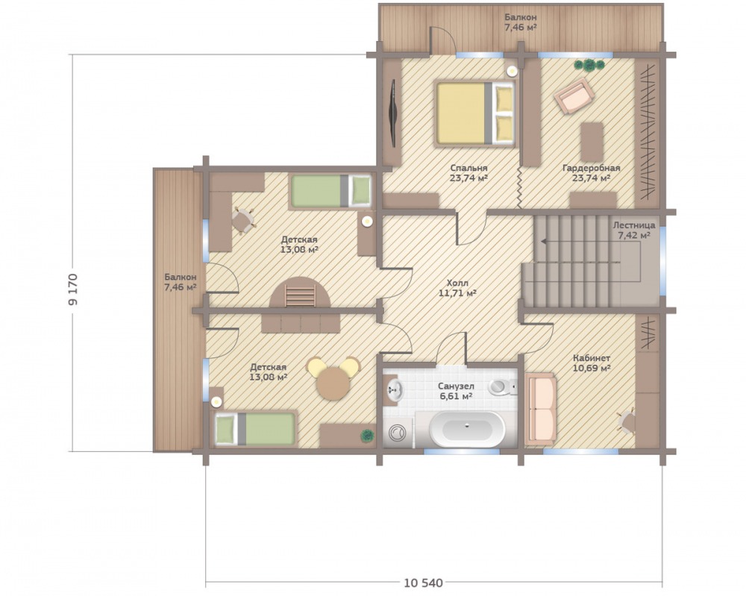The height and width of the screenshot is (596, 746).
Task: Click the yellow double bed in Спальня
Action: pyautogui.click(x=475, y=113)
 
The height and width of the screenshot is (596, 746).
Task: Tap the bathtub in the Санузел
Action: pyautogui.click(x=466, y=429)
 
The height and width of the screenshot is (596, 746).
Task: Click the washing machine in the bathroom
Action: pyautogui.click(x=398, y=433)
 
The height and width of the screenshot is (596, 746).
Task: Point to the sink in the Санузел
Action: pyautogui.click(x=395, y=390)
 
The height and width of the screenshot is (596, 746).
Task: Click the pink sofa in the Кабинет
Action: pyautogui.click(x=540, y=409)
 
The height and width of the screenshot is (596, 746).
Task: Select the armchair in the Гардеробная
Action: pyautogui.click(x=574, y=96)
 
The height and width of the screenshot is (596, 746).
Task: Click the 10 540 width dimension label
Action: pyautogui.click(x=424, y=583)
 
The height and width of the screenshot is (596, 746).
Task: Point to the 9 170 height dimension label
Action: pyautogui.click(x=74, y=289)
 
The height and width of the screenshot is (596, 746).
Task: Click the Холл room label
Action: pyautogui.click(x=457, y=283)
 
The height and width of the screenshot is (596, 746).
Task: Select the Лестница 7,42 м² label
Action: pyautogui.click(x=633, y=230)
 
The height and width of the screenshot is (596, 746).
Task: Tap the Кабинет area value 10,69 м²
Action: pyautogui.click(x=592, y=368)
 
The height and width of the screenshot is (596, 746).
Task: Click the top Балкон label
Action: pyautogui.click(x=521, y=18)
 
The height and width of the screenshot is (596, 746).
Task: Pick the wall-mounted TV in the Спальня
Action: pyautogui.click(x=393, y=113)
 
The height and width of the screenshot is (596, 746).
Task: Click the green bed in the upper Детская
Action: pyautogui.click(x=331, y=191)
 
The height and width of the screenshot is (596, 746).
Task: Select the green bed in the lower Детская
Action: pyautogui.click(x=255, y=429)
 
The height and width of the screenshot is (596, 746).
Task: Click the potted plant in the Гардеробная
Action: pyautogui.click(x=589, y=65)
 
